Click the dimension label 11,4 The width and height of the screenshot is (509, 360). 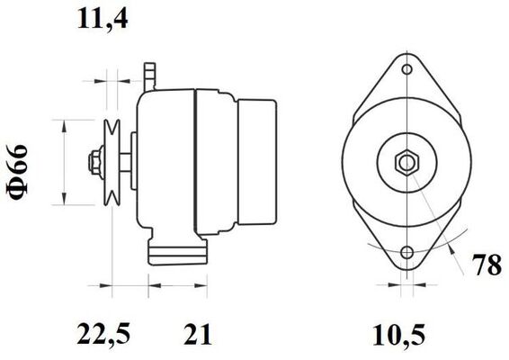[x=103, y=19]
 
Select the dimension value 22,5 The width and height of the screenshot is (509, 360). [x=103, y=334]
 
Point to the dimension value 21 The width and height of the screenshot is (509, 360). [x=198, y=334]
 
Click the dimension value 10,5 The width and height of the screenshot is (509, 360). [x=398, y=335]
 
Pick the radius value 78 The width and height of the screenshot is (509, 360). [x=487, y=265]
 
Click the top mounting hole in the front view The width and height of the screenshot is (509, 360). [x=406, y=69]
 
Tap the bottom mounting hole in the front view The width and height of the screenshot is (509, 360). [x=406, y=253]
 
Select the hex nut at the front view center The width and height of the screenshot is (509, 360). [x=407, y=163]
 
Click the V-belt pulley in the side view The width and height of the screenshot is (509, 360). [x=112, y=163]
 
